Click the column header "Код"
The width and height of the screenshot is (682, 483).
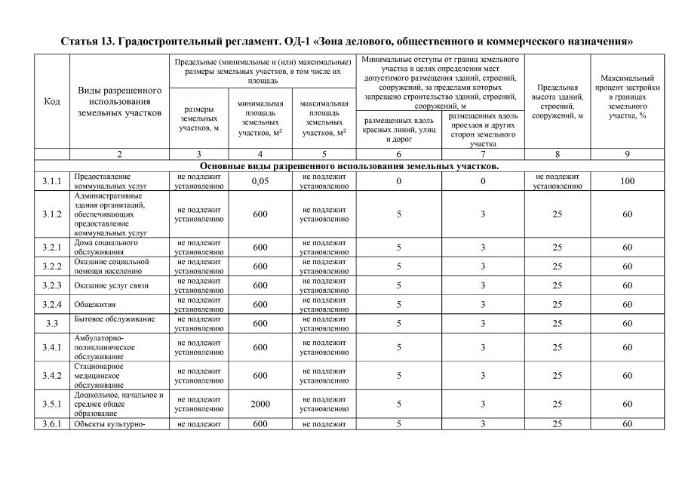click(52, 101)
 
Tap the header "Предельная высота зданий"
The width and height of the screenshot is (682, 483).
click(557, 101)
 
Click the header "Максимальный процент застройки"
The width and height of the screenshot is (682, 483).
click(627, 101)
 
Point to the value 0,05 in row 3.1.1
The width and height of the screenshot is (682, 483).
click(260, 181)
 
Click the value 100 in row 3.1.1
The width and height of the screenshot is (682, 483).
click(627, 181)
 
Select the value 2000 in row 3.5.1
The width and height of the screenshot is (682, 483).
click(260, 404)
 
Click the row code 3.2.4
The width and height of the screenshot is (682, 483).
click(52, 304)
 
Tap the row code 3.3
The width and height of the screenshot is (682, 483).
click(52, 323)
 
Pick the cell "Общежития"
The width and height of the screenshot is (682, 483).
click(96, 304)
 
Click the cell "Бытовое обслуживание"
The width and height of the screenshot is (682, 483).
click(114, 319)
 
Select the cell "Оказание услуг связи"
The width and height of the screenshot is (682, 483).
click(111, 285)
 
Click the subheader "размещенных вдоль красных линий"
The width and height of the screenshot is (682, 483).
click(398, 129)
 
